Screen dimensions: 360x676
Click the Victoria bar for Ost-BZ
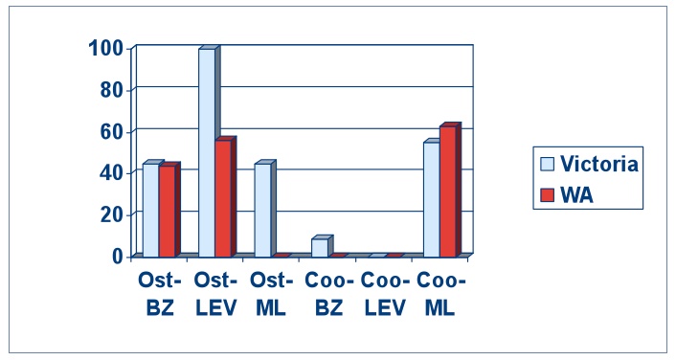click(150, 210)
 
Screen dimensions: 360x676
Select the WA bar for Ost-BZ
click(167, 211)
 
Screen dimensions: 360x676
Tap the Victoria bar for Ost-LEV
click(207, 153)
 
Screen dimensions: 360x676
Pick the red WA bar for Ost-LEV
click(223, 198)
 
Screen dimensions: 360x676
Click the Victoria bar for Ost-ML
click(262, 210)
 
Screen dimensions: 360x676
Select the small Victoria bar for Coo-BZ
click(319, 247)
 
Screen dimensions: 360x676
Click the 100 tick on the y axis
click(104, 48)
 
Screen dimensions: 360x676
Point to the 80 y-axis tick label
click(111, 89)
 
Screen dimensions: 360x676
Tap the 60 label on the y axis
click(111, 130)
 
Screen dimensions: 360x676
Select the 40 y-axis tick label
click(111, 172)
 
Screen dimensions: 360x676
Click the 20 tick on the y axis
click(111, 214)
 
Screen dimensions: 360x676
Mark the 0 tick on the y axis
click(118, 256)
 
